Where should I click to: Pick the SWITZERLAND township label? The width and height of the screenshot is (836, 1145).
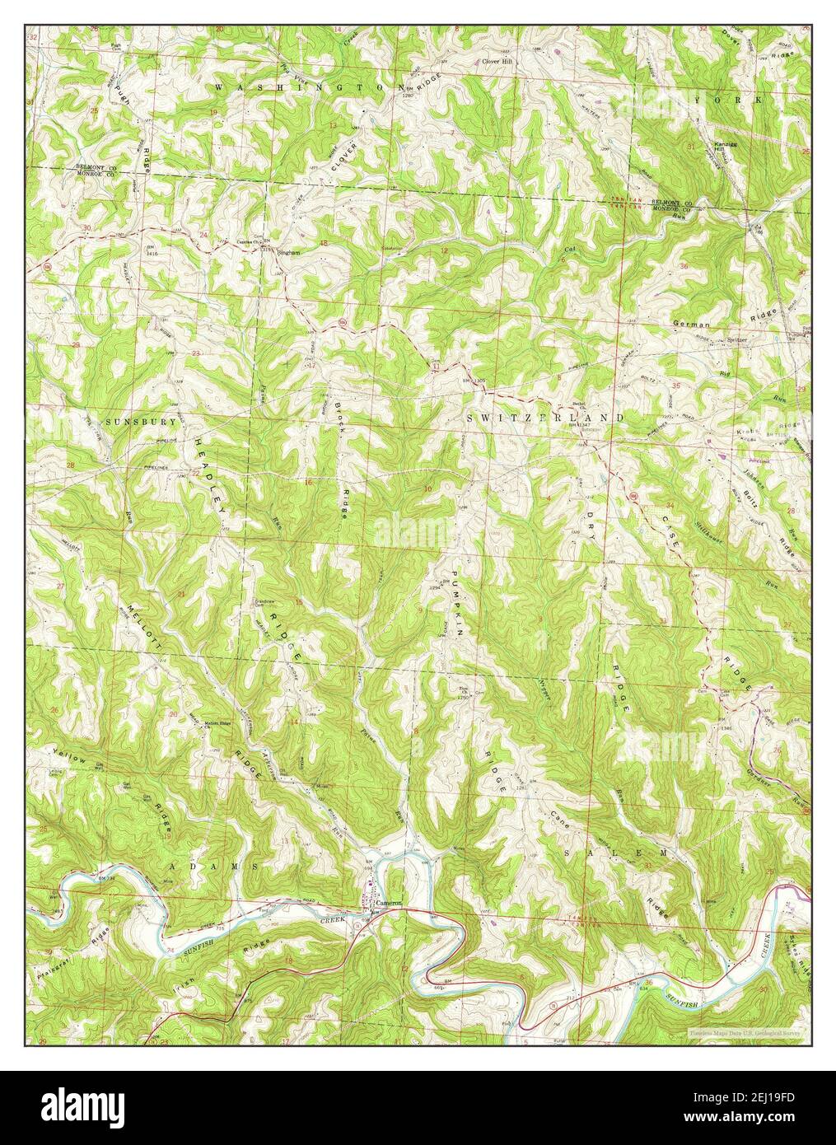[544, 418]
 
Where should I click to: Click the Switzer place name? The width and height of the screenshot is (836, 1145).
[739, 339]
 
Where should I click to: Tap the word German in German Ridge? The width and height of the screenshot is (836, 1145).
[691, 325]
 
